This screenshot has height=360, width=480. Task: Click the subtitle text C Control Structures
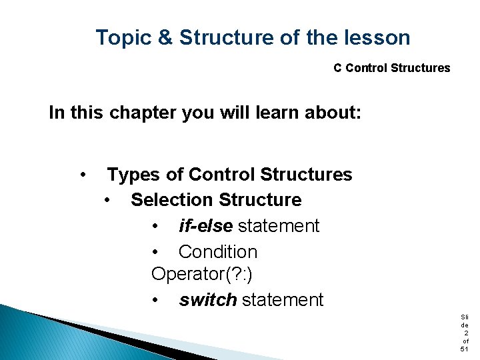[x=391, y=68]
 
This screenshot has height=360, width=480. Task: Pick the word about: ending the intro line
[x=334, y=113]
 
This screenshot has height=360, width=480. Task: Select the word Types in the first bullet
[x=134, y=175]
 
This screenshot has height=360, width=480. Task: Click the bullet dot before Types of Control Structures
[x=82, y=175]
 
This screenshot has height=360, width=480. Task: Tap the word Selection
[x=172, y=200]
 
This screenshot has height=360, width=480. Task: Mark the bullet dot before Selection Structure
[x=107, y=200]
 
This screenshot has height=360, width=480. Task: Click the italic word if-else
[x=205, y=226]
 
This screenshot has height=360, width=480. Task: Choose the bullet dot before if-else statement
[x=155, y=226]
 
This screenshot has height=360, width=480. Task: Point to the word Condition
[x=217, y=252]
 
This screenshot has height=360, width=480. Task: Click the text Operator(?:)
[x=202, y=275]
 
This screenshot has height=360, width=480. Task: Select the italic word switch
[x=207, y=300]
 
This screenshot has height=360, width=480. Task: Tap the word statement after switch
[x=283, y=300]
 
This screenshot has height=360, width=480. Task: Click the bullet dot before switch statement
[x=155, y=300]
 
